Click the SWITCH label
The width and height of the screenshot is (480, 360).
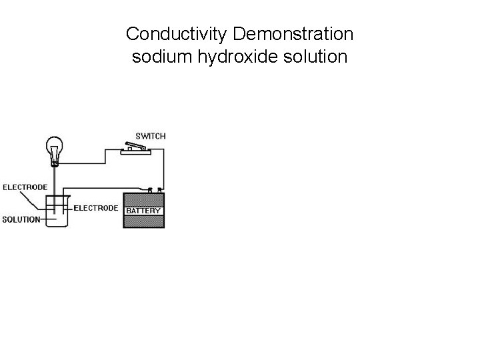pos(151,135)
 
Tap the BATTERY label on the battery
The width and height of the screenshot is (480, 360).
pos(143,211)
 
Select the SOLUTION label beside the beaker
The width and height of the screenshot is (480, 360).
pos(21,219)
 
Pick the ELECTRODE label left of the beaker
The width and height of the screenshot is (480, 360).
pos(25,187)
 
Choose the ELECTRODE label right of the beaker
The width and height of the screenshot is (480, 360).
pos(95,208)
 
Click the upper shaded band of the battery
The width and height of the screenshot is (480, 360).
pos(143,199)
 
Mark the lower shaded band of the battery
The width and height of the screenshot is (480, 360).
pos(143,221)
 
